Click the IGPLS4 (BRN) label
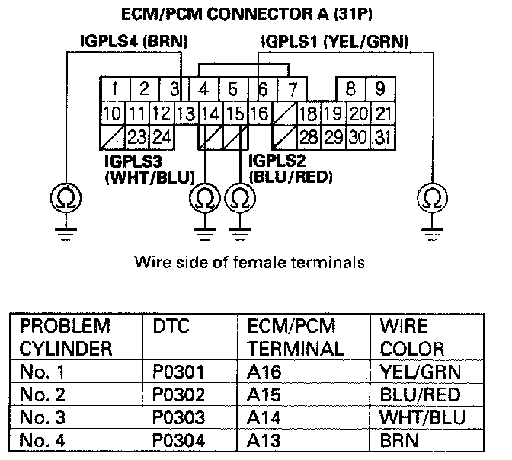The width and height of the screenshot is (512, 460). pyautogui.click(x=134, y=40)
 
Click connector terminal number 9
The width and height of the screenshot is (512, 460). pyautogui.click(x=380, y=89)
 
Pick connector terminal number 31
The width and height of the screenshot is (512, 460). pyautogui.click(x=382, y=138)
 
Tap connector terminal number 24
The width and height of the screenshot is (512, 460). pyautogui.click(x=161, y=138)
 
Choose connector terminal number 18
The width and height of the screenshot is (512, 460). pyautogui.click(x=308, y=114)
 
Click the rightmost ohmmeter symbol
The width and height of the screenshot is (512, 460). pyautogui.click(x=431, y=200)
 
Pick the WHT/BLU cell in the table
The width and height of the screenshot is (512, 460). pyautogui.click(x=421, y=418)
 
